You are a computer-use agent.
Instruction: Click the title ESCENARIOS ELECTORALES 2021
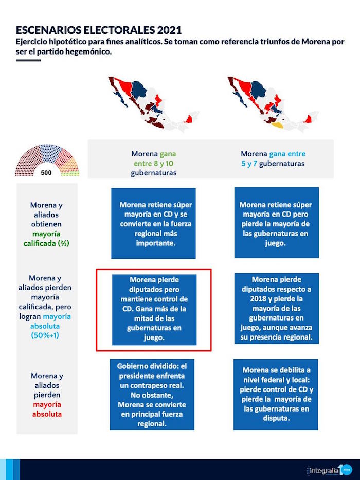(x=98, y=30)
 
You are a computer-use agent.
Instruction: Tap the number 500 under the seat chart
(x=46, y=173)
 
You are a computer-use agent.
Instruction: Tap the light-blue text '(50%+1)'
(x=47, y=335)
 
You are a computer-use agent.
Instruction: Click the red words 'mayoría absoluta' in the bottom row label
(x=47, y=408)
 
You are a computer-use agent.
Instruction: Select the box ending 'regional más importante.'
(x=153, y=223)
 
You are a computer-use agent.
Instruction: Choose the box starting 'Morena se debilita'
(x=276, y=395)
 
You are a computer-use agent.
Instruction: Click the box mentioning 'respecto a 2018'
(x=276, y=309)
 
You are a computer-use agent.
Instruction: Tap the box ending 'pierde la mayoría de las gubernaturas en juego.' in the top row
(x=276, y=223)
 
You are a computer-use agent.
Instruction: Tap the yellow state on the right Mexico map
(x=277, y=125)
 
